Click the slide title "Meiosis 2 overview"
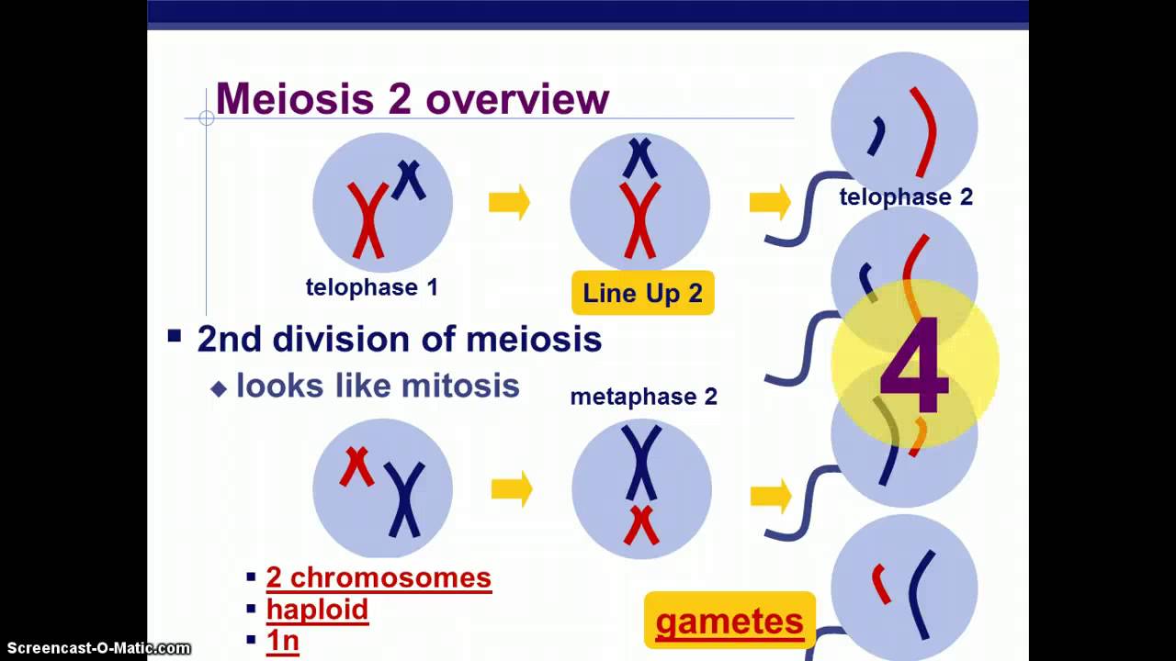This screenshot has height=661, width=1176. pyautogui.click(x=412, y=99)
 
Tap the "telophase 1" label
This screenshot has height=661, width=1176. pyautogui.click(x=371, y=287)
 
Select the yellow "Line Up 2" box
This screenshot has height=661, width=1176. pyautogui.click(x=642, y=294)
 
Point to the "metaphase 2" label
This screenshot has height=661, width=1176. pyautogui.click(x=643, y=397)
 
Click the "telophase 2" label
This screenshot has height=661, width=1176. pyautogui.click(x=905, y=196)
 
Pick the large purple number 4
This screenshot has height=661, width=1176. pyautogui.click(x=913, y=366)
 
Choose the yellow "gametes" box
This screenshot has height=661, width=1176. pyautogui.click(x=729, y=622)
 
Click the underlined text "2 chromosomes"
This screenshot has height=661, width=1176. pyautogui.click(x=379, y=577)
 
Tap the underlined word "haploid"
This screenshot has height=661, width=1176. pyautogui.click(x=317, y=610)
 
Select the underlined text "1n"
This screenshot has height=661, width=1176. pyautogui.click(x=282, y=640)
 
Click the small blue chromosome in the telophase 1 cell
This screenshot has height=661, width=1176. pyautogui.click(x=409, y=179)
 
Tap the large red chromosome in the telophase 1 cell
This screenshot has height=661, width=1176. pyautogui.click(x=367, y=220)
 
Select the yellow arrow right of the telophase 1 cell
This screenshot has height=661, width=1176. pyautogui.click(x=509, y=202)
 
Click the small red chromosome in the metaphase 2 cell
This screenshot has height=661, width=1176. pyautogui.click(x=641, y=524)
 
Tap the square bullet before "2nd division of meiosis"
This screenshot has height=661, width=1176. pyautogui.click(x=175, y=336)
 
